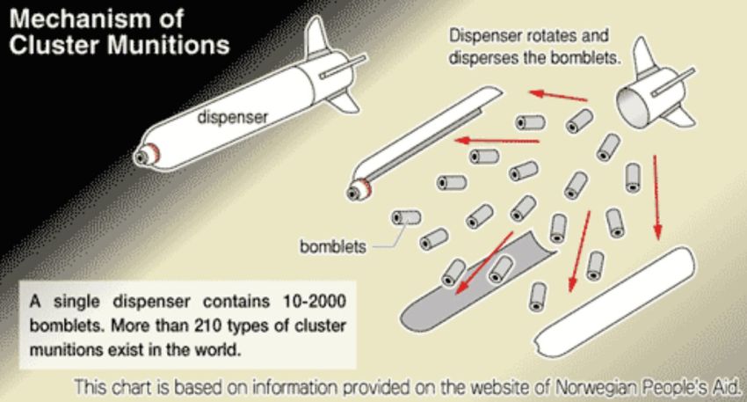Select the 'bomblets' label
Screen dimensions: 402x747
pyautogui.click(x=333, y=245)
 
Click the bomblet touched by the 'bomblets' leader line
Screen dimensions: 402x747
pyautogui.click(x=406, y=218)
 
